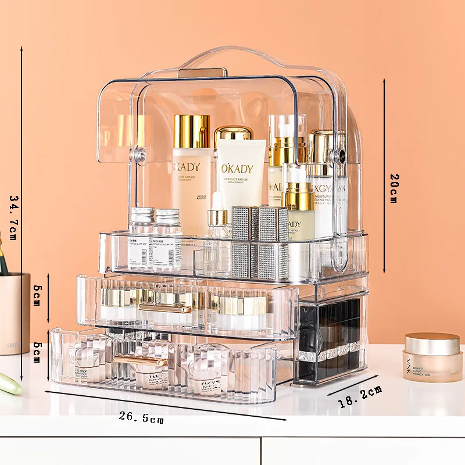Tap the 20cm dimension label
pyautogui.click(x=394, y=188)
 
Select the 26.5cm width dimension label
pyautogui.click(x=141, y=417)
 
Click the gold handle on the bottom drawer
pyautogui.click(x=140, y=362)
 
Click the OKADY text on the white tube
pyautogui.click(x=237, y=169)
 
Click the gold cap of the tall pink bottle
pyautogui.click(x=191, y=131)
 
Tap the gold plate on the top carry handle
pyautogui.click(x=203, y=73)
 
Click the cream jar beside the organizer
pyautogui.click(x=432, y=356)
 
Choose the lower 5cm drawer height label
pyautogui.click(x=37, y=352)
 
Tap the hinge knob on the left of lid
pyautogui.click(x=139, y=156)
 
